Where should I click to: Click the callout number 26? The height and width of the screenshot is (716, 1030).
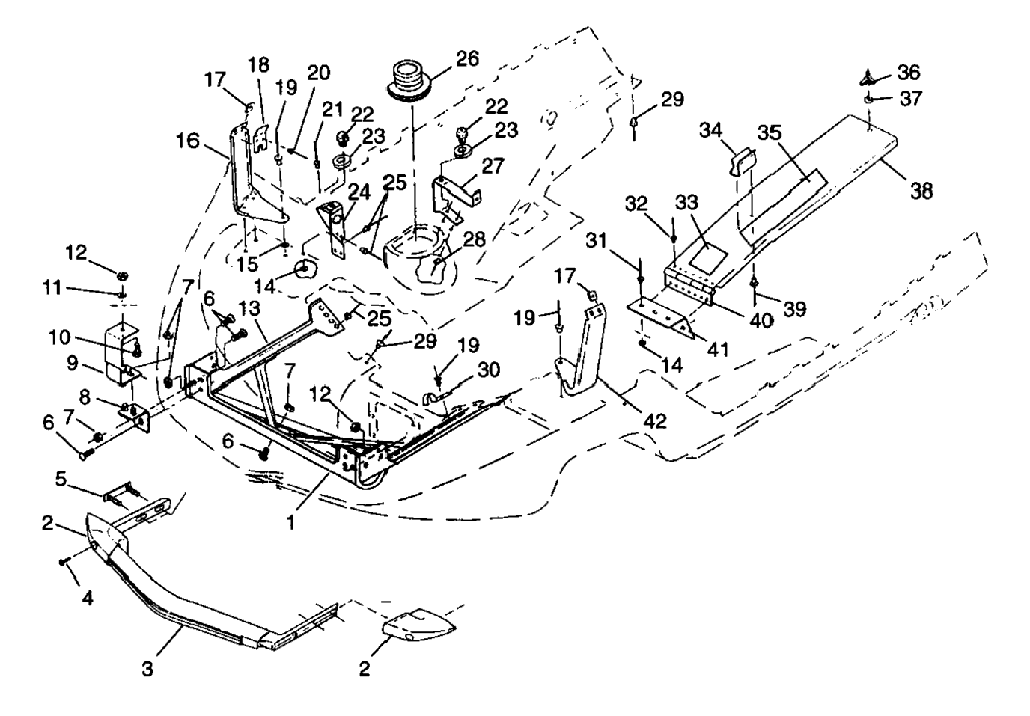pyautogui.click(x=468, y=58)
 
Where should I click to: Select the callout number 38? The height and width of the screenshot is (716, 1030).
pyautogui.click(x=921, y=192)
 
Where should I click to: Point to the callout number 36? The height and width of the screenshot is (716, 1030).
pyautogui.click(x=909, y=73)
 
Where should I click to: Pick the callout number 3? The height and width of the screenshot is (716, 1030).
pyautogui.click(x=147, y=668)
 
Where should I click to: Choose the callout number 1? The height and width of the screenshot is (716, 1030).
pyautogui.click(x=290, y=522)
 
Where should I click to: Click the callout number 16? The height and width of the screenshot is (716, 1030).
pyautogui.click(x=189, y=141)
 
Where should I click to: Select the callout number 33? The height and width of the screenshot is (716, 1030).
pyautogui.click(x=686, y=203)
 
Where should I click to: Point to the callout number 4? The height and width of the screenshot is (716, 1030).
pyautogui.click(x=88, y=599)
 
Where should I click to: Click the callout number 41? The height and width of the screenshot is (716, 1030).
pyautogui.click(x=719, y=349)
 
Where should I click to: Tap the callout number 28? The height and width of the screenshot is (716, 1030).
pyautogui.click(x=475, y=239)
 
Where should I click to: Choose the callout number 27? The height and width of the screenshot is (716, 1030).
pyautogui.click(x=493, y=166)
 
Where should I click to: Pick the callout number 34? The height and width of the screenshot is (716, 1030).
pyautogui.click(x=710, y=132)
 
